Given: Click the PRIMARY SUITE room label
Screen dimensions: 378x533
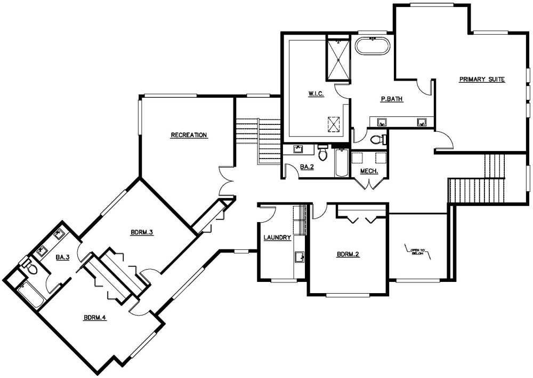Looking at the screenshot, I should [482, 80].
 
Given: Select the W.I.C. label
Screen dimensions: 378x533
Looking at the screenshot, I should [316, 94].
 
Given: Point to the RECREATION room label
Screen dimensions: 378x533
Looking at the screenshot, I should [189, 135].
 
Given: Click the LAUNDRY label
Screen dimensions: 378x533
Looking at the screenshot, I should [277, 238].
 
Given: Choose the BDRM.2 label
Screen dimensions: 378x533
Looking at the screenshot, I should [348, 254].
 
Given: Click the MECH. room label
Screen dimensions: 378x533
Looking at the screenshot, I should [369, 171].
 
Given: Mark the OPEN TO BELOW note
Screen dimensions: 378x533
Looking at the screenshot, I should [417, 251].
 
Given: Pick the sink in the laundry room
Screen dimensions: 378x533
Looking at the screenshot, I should [300, 257].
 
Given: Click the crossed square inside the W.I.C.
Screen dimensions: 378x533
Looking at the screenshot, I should [333, 123].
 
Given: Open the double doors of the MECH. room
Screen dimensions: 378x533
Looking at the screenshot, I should [368, 183].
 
